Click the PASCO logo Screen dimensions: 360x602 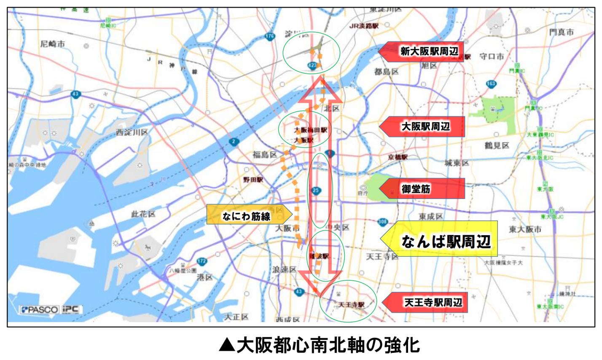pyautogui.click(x=40, y=309)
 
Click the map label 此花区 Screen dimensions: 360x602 pyautogui.click(x=143, y=214)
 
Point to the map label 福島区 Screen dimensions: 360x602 pyautogui.click(x=264, y=154)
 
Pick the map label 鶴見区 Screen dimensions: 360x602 pyautogui.click(x=497, y=145)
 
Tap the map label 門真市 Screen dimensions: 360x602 pyautogui.click(x=561, y=32)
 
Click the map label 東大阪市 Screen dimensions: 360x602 pyautogui.click(x=525, y=229)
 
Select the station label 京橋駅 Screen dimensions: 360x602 pyautogui.click(x=398, y=157)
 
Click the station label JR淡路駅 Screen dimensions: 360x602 pyautogui.click(x=364, y=26)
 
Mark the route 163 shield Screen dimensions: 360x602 pyautogui.click(x=491, y=84)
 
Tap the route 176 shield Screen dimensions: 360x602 pyautogui.click(x=270, y=37)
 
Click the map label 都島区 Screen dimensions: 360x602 pyautogui.click(x=386, y=72)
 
